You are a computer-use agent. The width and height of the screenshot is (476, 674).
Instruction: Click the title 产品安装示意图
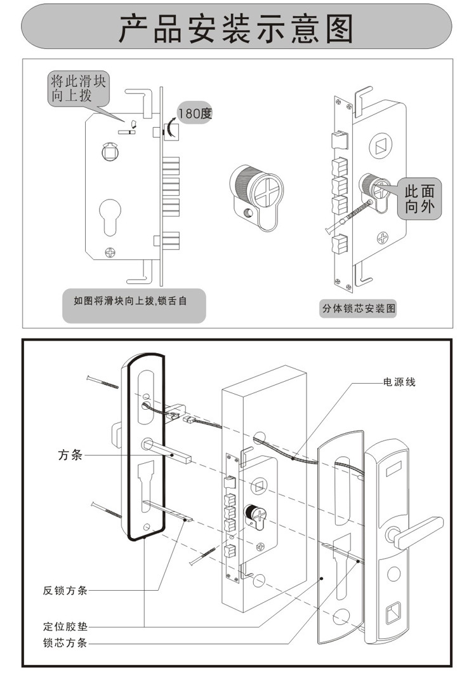[x=236, y=29]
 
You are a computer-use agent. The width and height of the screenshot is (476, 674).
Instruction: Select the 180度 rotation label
[x=194, y=114]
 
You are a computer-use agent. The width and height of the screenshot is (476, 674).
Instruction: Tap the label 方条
[x=69, y=455]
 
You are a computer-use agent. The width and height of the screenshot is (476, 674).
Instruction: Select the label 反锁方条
[x=65, y=590]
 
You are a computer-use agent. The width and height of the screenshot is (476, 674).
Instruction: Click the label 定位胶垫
[x=65, y=626]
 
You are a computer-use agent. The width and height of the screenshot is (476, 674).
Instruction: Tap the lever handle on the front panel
[x=419, y=532]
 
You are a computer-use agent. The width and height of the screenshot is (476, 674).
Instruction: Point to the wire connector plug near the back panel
[x=188, y=420]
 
